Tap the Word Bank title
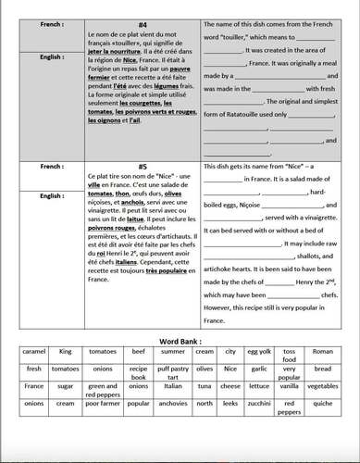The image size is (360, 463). [x=179, y=343]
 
